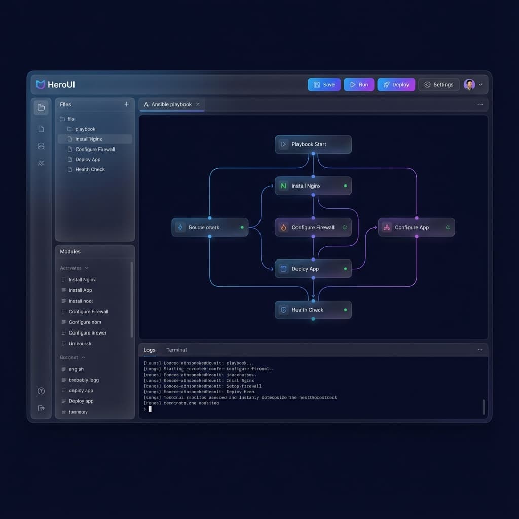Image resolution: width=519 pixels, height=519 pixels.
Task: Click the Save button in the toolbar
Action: [324, 85]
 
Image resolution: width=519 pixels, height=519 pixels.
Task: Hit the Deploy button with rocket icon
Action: [396, 85]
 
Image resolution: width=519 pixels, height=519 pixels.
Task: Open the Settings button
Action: [438, 85]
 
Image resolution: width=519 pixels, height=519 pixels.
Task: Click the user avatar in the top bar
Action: [469, 85]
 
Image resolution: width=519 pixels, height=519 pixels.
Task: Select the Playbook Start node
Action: [313, 144]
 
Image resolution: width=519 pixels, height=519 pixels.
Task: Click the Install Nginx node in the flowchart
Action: [313, 186]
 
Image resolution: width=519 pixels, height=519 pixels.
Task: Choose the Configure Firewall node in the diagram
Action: [313, 228]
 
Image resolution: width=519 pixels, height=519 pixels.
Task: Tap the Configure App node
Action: [416, 228]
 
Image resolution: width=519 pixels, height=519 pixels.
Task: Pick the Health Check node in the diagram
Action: [313, 310]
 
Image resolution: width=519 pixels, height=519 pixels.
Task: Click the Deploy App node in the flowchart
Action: [313, 269]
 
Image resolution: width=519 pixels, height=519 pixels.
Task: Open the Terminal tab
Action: [176, 350]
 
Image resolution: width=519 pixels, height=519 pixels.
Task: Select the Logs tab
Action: [150, 350]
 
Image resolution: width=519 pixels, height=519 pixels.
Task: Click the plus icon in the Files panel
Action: [126, 104]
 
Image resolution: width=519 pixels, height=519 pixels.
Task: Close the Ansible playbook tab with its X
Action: [198, 104]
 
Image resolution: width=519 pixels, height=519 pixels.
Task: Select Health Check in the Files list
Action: [90, 169]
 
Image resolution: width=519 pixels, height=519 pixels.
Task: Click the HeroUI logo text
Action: [61, 85]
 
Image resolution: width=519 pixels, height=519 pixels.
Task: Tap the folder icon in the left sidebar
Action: [41, 107]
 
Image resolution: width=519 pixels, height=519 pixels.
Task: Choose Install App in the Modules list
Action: [80, 290]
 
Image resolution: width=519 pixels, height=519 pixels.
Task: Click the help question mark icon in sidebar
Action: [41, 391]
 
